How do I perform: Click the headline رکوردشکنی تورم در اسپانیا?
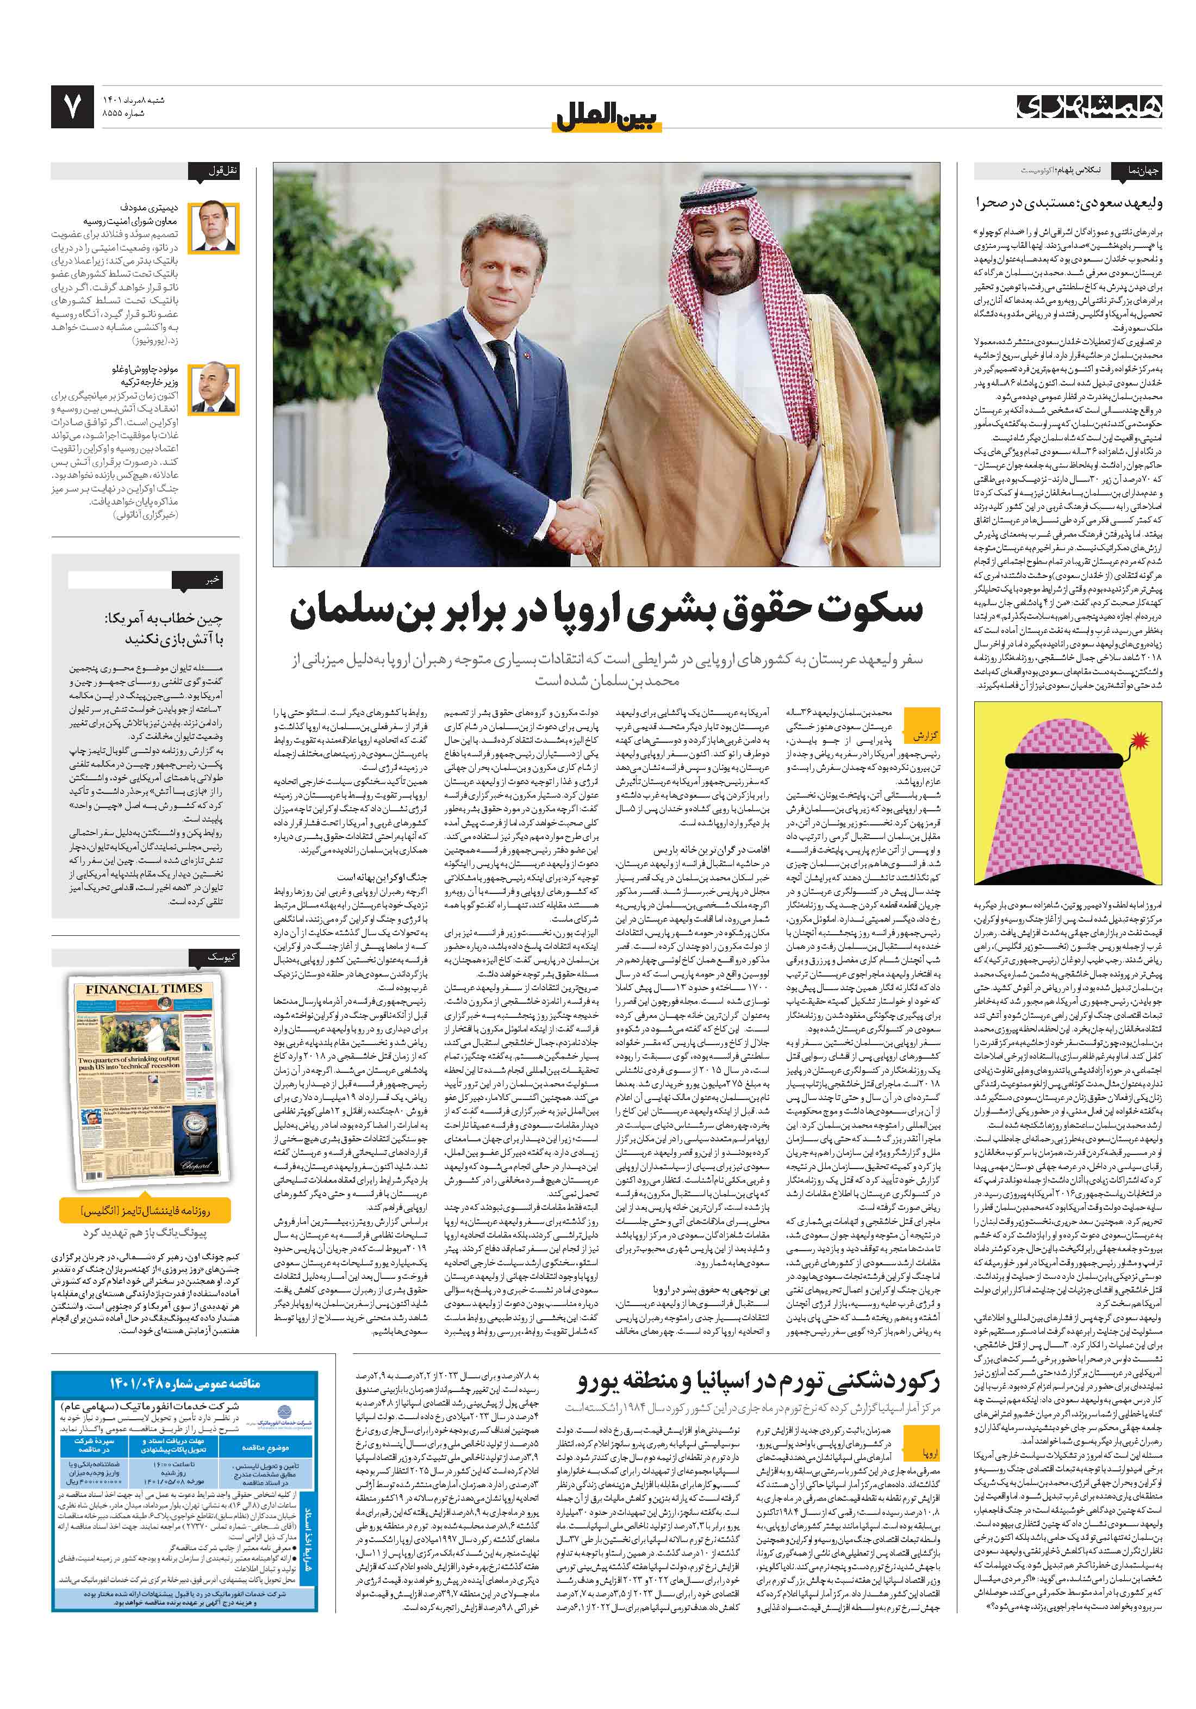click(758, 1382)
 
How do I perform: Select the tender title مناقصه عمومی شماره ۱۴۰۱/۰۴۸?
click(185, 1383)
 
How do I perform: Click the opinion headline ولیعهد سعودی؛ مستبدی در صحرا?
click(1069, 202)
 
